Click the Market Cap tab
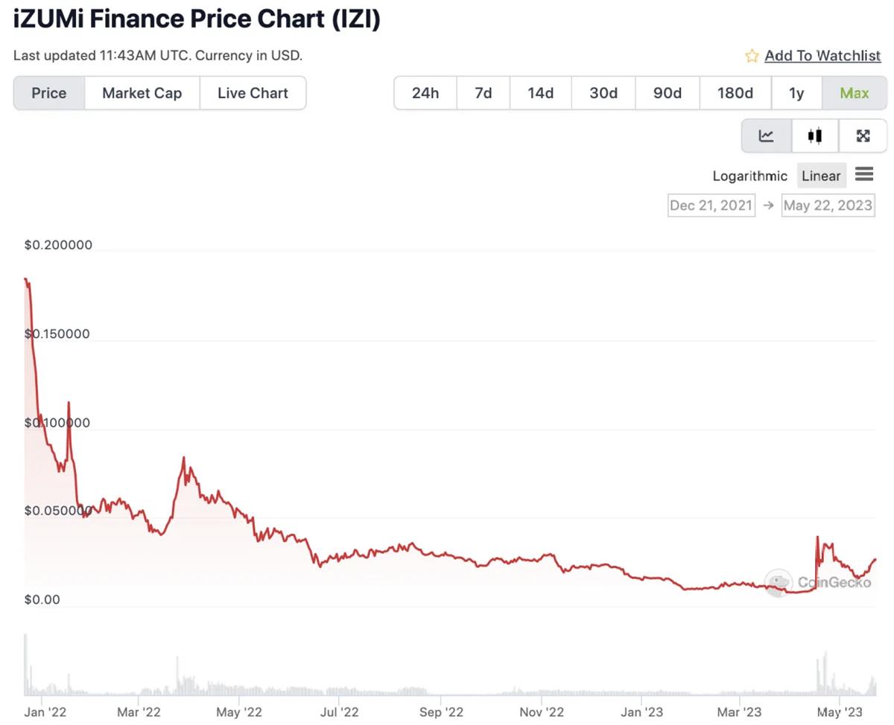tap(142, 93)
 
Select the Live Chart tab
tap(253, 93)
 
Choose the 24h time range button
tap(425, 93)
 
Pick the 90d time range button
tap(668, 93)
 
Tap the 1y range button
tap(796, 93)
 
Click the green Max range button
tap(854, 93)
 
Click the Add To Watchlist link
tap(822, 56)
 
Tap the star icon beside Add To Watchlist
tap(752, 56)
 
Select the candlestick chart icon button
tap(814, 135)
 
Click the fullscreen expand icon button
tap(863, 135)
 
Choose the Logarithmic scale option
tap(749, 176)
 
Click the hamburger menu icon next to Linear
tap(864, 174)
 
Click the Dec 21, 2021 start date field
tap(711, 205)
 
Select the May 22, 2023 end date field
tap(828, 205)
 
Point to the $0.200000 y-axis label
tap(58, 246)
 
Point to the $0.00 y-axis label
tap(42, 600)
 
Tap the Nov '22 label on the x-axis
tap(542, 712)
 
